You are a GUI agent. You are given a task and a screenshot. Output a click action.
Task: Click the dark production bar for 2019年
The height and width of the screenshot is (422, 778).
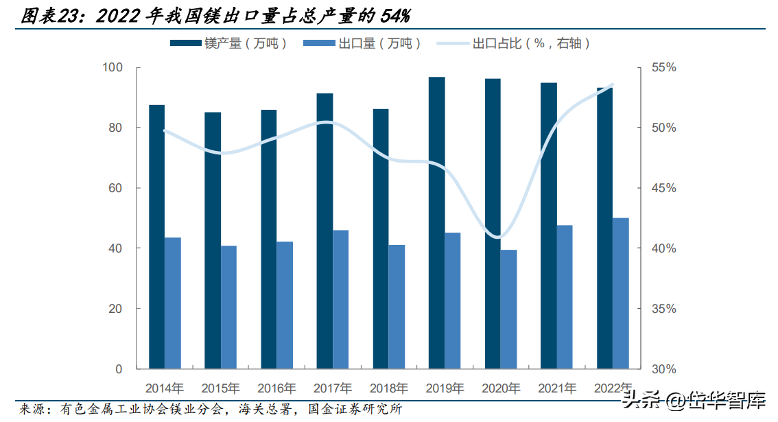click(x=437, y=223)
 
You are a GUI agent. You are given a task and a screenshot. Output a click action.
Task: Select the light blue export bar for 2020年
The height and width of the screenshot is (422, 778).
click(x=508, y=309)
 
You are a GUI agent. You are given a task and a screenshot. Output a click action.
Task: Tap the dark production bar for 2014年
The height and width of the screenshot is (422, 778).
click(x=157, y=237)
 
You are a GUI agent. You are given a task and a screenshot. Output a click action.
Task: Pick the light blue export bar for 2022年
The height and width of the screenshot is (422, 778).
click(x=621, y=294)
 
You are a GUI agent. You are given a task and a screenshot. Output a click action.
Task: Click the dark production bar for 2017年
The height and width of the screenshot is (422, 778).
click(x=325, y=231)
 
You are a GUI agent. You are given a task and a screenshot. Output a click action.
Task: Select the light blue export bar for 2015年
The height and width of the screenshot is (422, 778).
click(x=228, y=307)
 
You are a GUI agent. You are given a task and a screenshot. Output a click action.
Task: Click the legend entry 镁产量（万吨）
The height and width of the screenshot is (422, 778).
click(x=228, y=43)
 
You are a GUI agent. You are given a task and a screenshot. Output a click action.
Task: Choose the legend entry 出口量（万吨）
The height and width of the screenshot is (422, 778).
click(x=362, y=43)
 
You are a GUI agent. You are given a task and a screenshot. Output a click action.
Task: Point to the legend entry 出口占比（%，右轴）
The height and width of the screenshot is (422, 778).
click(x=514, y=43)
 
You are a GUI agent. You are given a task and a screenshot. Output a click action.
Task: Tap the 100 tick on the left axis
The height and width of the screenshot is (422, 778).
click(x=112, y=67)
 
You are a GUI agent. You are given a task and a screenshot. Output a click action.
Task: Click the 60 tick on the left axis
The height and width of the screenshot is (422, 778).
click(x=115, y=187)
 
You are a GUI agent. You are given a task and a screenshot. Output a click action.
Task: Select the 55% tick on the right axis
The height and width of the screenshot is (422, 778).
click(x=664, y=67)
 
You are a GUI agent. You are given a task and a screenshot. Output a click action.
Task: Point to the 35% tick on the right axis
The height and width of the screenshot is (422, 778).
click(x=664, y=309)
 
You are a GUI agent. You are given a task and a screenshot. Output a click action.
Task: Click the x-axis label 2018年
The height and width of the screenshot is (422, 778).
click(x=389, y=388)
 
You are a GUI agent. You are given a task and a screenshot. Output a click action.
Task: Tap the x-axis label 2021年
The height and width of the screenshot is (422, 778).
click(x=557, y=388)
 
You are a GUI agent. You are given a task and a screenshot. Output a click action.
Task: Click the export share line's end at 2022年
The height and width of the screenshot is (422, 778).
click(x=613, y=85)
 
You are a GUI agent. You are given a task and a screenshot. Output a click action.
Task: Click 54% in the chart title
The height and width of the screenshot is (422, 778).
click(x=395, y=16)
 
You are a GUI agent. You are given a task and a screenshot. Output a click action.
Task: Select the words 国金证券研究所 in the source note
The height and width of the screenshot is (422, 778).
click(x=354, y=409)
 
